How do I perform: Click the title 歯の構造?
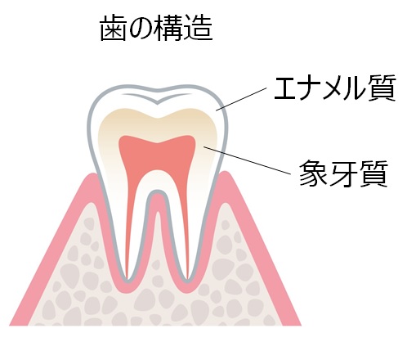tap(156, 28)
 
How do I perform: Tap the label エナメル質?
tap(335, 88)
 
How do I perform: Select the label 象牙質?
tap(343, 173)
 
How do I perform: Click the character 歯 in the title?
tap(113, 28)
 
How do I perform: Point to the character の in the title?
tap(141, 29)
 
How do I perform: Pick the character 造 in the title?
tap(199, 28)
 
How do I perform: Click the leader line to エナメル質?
tap(241, 99)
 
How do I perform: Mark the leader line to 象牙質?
tap(247, 160)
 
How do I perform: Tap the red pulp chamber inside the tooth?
tap(157, 155)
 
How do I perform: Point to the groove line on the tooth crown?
tap(157, 98)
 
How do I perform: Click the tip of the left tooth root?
tap(127, 281)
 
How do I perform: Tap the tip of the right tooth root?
tap(187, 281)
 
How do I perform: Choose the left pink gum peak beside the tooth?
tap(92, 178)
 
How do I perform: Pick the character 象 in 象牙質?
tap(313, 173)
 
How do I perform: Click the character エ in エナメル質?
tap(287, 89)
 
